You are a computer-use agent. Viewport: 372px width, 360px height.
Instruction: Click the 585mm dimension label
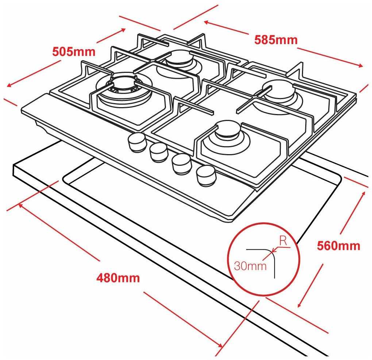(276, 40)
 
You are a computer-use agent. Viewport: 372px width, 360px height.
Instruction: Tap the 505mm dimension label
(74, 52)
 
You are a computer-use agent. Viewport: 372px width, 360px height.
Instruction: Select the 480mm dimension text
(118, 278)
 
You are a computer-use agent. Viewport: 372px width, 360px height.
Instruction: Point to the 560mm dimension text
(338, 246)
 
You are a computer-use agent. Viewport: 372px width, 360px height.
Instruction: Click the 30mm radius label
(250, 266)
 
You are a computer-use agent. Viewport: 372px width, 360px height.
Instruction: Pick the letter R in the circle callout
(283, 241)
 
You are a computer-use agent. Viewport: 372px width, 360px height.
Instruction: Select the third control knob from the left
(182, 164)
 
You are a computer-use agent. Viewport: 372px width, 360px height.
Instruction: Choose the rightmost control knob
(205, 175)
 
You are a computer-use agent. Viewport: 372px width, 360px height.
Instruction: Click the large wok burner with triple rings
(124, 90)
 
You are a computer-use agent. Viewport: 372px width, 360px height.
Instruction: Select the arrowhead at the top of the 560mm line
(363, 193)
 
